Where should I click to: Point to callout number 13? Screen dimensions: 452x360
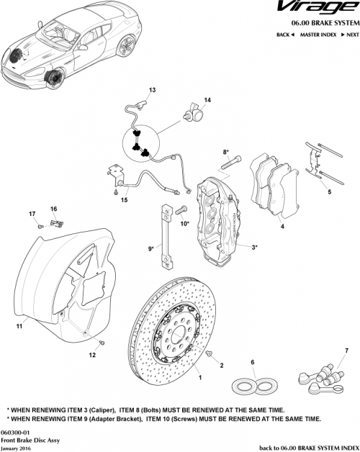(152, 91)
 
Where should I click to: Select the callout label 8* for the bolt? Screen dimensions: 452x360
(225, 152)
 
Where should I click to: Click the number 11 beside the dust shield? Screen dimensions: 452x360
(19, 326)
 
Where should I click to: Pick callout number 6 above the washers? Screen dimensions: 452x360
(253, 361)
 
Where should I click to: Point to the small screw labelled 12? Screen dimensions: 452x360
(102, 342)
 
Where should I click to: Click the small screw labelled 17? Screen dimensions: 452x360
(41, 226)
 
